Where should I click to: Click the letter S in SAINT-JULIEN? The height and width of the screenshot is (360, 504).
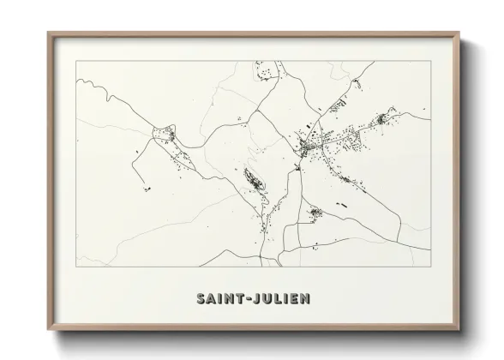[201, 299]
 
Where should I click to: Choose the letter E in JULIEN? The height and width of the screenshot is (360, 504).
[297, 299]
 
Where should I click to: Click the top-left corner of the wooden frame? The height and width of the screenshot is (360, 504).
[48, 33]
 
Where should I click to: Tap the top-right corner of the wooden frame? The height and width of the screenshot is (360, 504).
[460, 33]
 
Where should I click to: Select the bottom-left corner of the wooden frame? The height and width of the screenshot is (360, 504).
[48, 330]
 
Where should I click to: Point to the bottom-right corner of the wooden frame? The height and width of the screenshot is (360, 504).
[460, 330]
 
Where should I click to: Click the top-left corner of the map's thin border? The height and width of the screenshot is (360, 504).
[76, 61]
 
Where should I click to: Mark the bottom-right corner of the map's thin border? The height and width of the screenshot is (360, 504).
[431, 266]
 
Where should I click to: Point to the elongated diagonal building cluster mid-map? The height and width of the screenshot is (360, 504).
[255, 181]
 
